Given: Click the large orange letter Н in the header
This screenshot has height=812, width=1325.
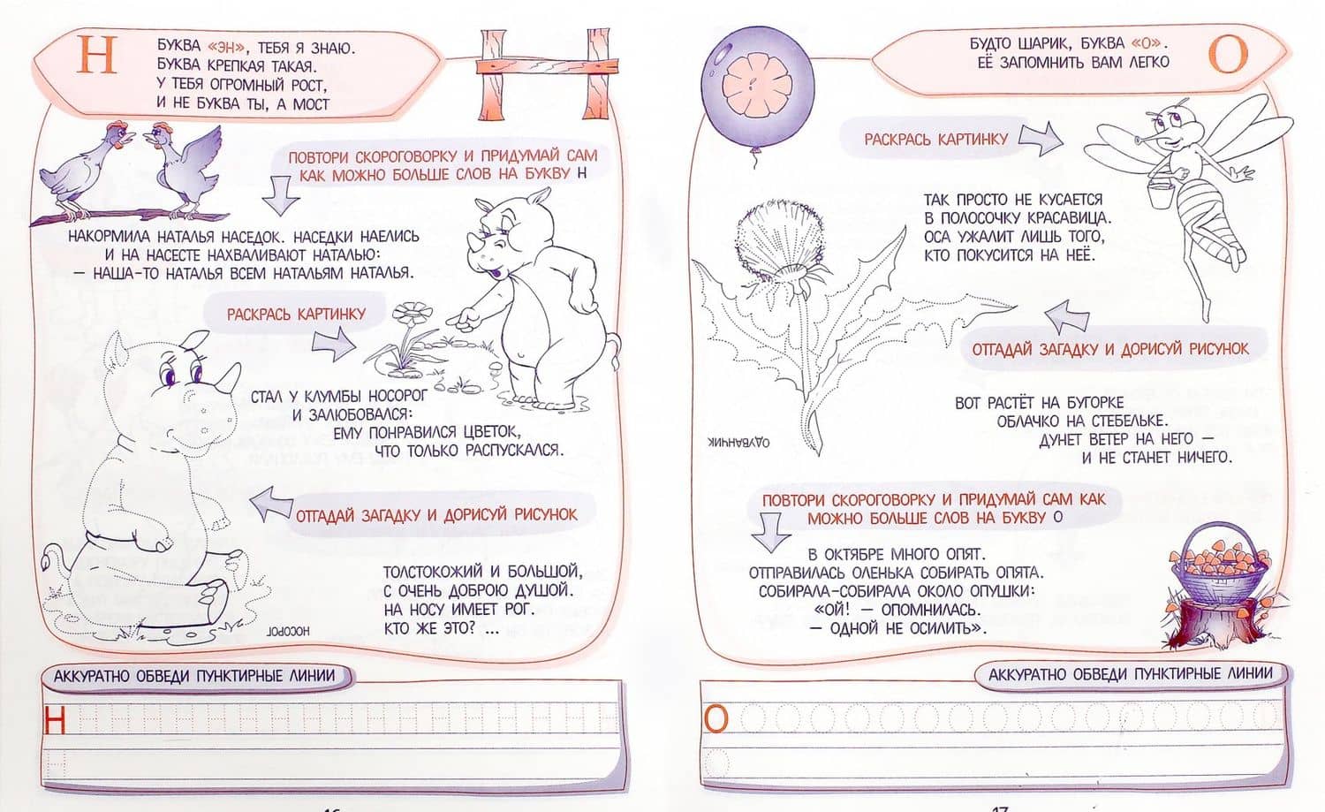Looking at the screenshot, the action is pos(96,55).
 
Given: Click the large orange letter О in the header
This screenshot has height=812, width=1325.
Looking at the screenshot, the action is pos(1228,54).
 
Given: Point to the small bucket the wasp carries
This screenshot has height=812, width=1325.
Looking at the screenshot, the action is pos(1161,194).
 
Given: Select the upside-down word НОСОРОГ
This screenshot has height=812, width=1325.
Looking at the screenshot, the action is pos(288,631).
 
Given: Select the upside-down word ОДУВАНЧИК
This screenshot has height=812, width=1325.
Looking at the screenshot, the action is pos(738,442).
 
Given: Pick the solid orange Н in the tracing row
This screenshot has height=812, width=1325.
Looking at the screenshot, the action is pos(54,720).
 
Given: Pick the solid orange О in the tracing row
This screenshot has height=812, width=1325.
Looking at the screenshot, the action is pos(715,719).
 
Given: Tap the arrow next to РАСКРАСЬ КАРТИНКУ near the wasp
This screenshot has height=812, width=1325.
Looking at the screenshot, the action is pos(1041,139).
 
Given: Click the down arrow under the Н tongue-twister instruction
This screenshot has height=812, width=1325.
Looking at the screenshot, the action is pos(281,194).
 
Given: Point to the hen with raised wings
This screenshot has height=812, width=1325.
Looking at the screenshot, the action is pos(185,165).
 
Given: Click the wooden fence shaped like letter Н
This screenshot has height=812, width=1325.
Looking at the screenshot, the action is pos(547,74).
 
